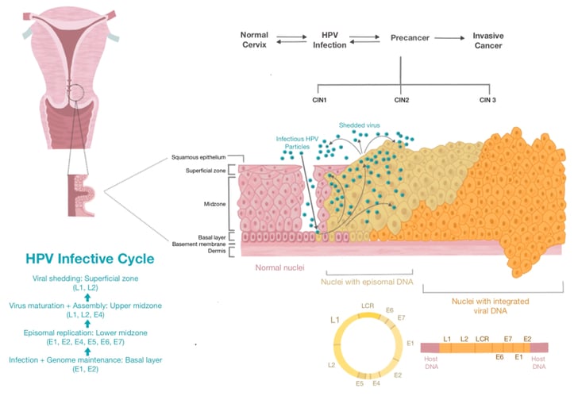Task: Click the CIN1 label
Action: pyautogui.click(x=319, y=100)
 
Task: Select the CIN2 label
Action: pyautogui.click(x=402, y=100)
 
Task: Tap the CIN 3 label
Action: pyautogui.click(x=487, y=100)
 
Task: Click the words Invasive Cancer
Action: pyautogui.click(x=488, y=40)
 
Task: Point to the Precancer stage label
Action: pyautogui.click(x=410, y=37)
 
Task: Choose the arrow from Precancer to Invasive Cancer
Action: pyautogui.click(x=449, y=38)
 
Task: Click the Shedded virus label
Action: pyautogui.click(x=359, y=125)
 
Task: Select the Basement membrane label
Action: pyautogui.click(x=198, y=244)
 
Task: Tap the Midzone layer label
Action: pyautogui.click(x=214, y=204)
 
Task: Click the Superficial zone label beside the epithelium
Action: pyautogui.click(x=206, y=171)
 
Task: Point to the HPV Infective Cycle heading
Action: pyautogui.click(x=90, y=259)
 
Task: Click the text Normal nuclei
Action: pyautogui.click(x=279, y=267)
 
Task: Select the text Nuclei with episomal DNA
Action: pyautogui.click(x=367, y=283)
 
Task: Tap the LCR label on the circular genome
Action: pyautogui.click(x=368, y=306)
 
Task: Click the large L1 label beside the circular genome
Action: pyautogui.click(x=335, y=320)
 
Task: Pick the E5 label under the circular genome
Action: pyautogui.click(x=360, y=383)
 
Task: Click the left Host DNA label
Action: pyautogui.click(x=431, y=363)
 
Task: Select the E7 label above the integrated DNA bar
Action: pyautogui.click(x=508, y=339)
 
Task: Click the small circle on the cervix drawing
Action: pyautogui.click(x=77, y=93)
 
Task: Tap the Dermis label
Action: pyautogui.click(x=217, y=251)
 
